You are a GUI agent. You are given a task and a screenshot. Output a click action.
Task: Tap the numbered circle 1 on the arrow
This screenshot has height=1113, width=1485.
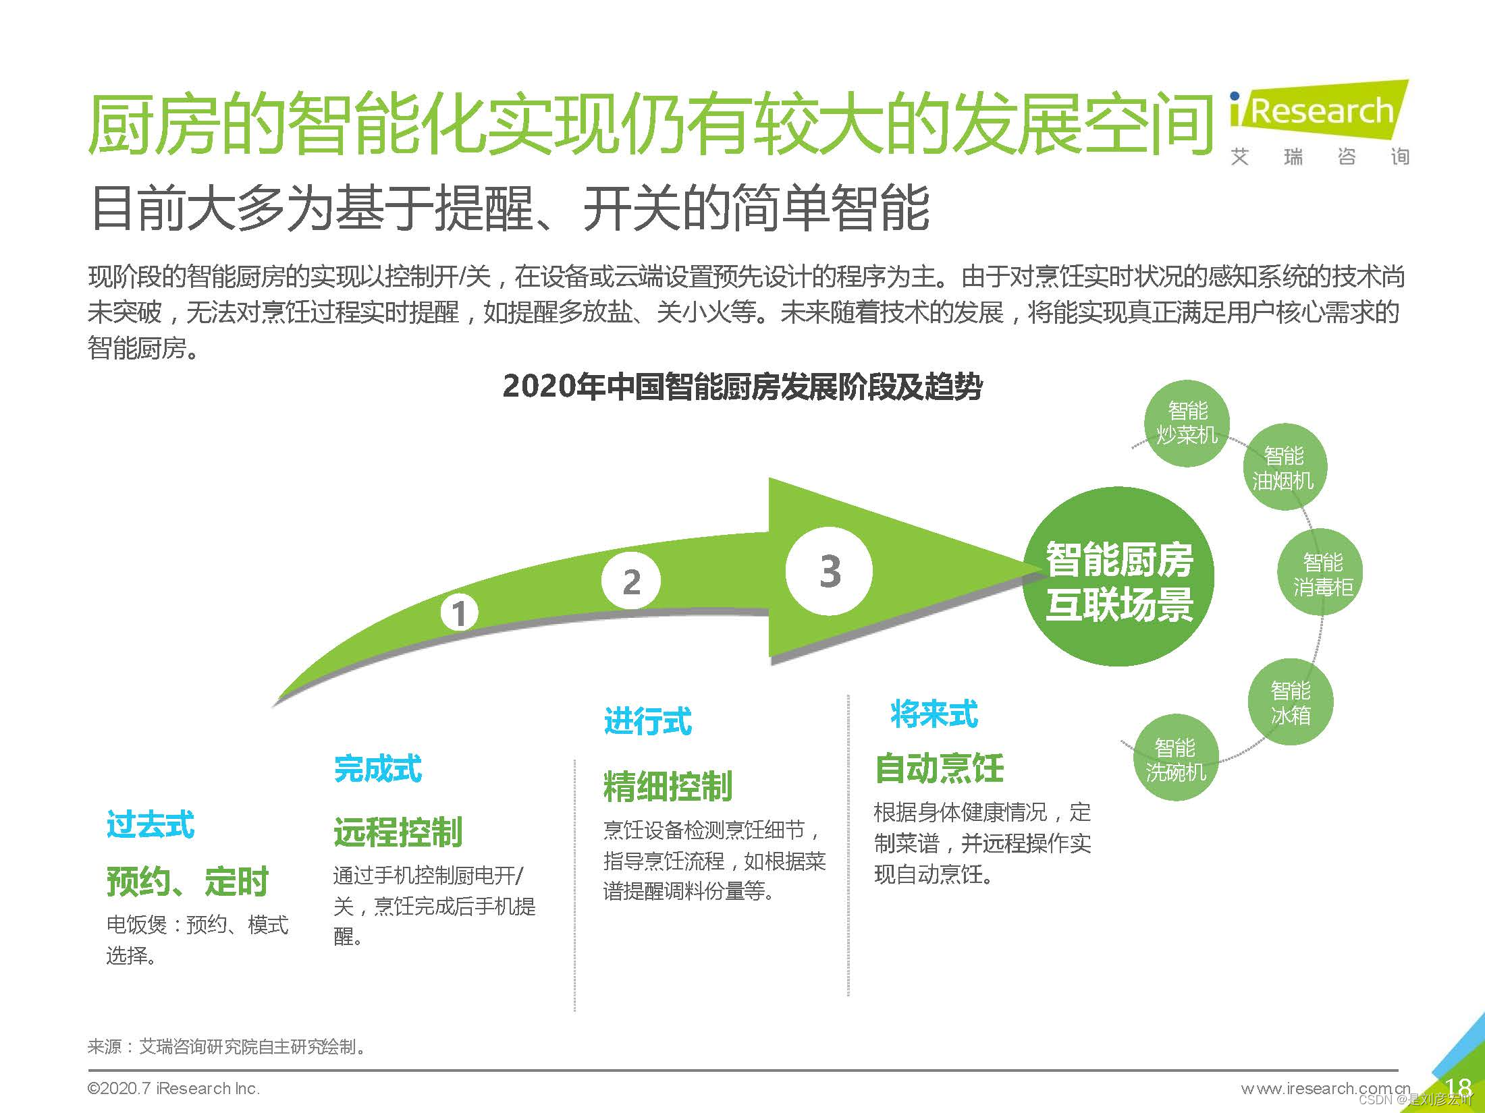pos(459,613)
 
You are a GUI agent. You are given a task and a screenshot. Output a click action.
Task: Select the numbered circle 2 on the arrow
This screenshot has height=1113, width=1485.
pos(631,581)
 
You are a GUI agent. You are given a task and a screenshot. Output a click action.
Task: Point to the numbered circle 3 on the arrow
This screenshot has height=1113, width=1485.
pos(829,571)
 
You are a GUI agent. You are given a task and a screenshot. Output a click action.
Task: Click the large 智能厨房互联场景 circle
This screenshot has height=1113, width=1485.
pos(1119,577)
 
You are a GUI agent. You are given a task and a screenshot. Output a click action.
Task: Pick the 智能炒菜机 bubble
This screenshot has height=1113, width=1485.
pos(1187,424)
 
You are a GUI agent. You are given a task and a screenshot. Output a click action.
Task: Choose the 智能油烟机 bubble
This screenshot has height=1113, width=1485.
pos(1284,467)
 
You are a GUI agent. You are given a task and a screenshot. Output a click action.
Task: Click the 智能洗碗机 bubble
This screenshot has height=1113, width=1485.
pos(1175,758)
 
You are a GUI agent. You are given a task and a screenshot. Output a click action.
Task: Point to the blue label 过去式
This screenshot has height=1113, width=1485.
pos(150,825)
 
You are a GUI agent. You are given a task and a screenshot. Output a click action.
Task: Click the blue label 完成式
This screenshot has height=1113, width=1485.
pos(378,769)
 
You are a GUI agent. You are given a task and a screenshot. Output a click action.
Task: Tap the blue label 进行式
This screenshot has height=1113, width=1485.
pos(647,721)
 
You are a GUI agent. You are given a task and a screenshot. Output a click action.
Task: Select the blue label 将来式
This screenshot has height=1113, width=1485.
pos(934,714)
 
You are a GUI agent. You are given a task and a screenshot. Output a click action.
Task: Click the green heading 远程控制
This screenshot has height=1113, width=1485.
pos(398,832)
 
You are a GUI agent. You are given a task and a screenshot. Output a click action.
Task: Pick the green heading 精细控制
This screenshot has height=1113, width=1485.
pos(668,787)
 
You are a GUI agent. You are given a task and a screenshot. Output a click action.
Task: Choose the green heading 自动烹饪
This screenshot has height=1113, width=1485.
pos(939,768)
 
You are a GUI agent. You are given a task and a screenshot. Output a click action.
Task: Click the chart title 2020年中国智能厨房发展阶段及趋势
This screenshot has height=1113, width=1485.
pos(742,387)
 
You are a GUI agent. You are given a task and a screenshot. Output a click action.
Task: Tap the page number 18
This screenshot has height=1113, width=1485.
pos(1459,1087)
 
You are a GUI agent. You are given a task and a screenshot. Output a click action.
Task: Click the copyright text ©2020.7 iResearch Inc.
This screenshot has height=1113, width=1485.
pos(173,1089)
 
